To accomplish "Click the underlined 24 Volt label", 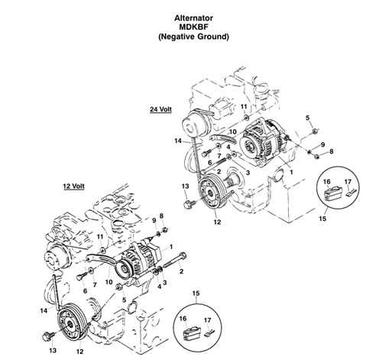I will coord(161,109).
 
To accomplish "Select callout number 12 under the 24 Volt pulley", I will coord(217,222).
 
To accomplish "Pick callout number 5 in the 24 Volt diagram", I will coord(308,117).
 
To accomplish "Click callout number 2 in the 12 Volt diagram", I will coord(181,271).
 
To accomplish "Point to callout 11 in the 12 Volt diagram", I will coord(99,238).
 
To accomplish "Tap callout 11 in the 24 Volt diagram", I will coord(244,106).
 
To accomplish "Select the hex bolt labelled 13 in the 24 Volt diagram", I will coord(190,205).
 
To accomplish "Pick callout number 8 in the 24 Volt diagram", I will coord(332,152).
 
